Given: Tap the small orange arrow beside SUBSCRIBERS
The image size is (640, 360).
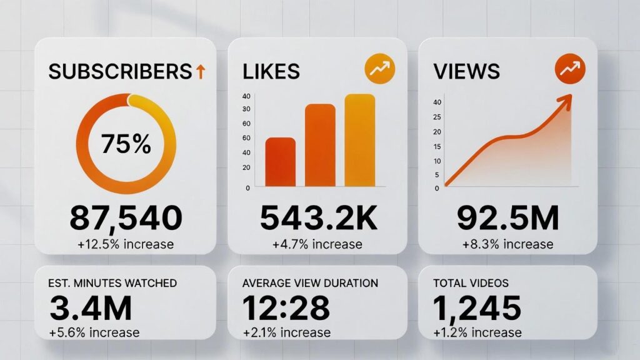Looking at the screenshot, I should (x=200, y=72).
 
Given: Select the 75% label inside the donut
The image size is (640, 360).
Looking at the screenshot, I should (x=126, y=144).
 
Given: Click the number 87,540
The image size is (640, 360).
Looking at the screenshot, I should (x=126, y=218).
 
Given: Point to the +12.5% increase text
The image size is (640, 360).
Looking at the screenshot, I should (x=126, y=244).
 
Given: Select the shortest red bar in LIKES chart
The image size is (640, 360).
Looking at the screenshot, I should (x=281, y=162).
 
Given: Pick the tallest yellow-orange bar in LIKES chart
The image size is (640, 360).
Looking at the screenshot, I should (x=359, y=140).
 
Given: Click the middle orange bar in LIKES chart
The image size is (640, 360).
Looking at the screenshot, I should (x=320, y=145).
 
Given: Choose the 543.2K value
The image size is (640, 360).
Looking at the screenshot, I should (x=317, y=218).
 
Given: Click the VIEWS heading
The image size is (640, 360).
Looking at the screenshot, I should (x=466, y=71).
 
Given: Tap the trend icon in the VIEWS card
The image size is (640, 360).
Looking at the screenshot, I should (x=569, y=70).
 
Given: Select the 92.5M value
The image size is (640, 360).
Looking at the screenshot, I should (x=507, y=218).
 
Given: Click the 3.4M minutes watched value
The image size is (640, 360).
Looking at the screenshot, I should (x=91, y=307).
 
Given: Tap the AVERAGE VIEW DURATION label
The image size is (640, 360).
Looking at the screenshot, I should (x=310, y=283).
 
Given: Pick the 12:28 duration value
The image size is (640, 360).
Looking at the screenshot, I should (x=286, y=307).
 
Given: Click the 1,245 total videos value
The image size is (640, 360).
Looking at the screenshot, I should (x=477, y=307).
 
